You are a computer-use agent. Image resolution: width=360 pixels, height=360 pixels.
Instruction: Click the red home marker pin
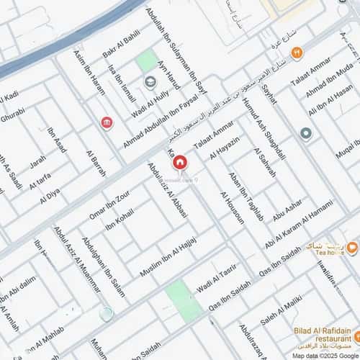(x=179, y=163)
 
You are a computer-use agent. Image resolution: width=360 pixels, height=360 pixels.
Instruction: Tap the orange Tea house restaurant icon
(x=351, y=248)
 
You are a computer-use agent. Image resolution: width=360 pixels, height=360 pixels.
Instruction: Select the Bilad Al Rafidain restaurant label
(x=323, y=336)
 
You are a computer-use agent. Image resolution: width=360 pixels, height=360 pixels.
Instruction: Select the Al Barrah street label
(x=96, y=163)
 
